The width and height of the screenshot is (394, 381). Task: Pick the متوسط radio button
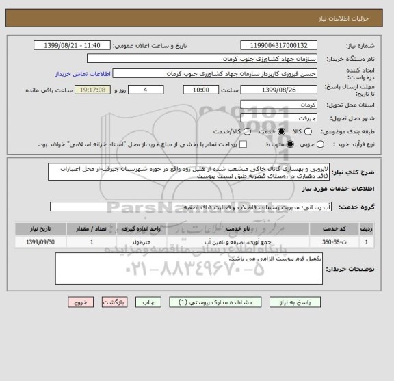(291, 145)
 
